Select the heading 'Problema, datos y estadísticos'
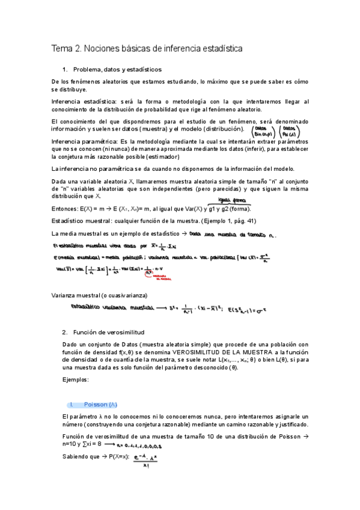click(x=117, y=69)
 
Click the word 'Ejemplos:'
click(x=76, y=380)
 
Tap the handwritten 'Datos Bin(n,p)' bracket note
click(x=261, y=131)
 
